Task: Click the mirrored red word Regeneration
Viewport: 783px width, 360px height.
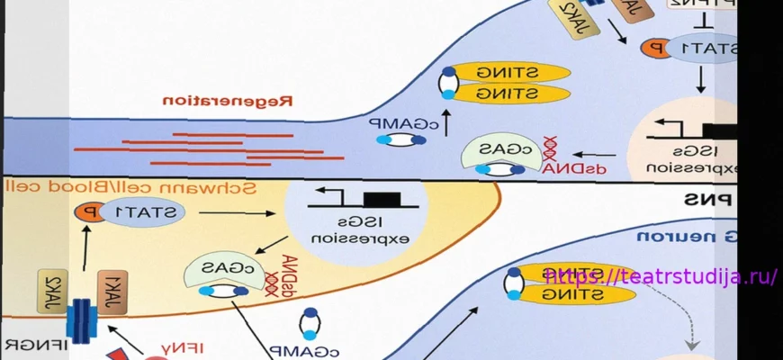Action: click(x=229, y=101)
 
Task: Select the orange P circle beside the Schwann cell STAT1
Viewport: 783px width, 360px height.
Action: click(x=89, y=212)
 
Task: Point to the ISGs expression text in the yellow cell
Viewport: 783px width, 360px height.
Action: click(x=352, y=230)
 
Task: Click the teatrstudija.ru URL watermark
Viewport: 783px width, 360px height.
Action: click(x=661, y=276)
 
